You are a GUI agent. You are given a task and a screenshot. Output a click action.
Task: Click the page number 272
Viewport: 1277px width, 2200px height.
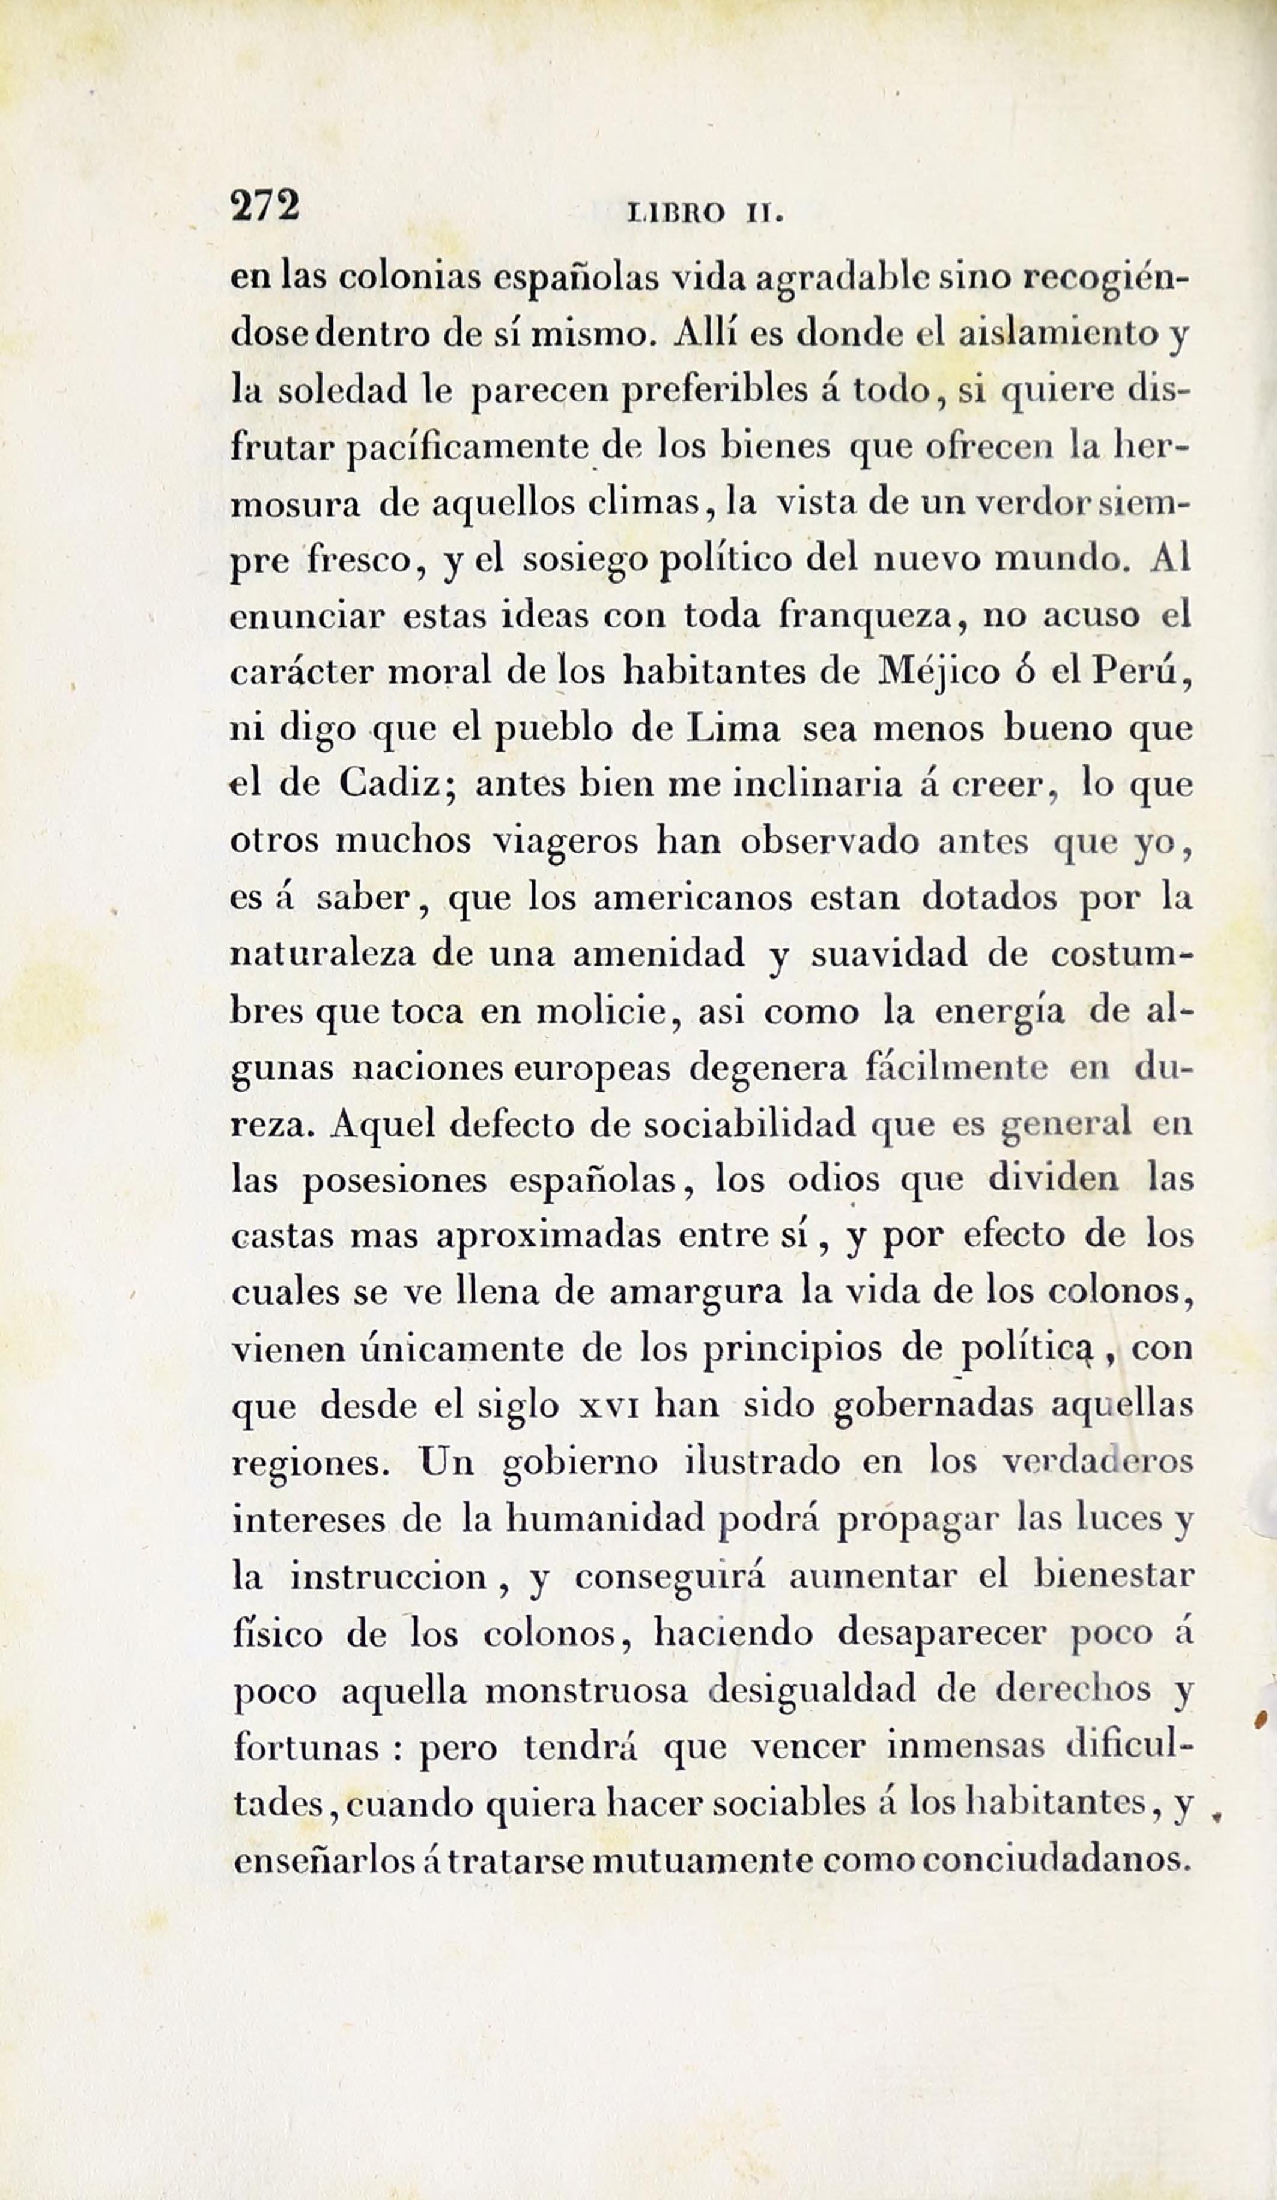[264, 208]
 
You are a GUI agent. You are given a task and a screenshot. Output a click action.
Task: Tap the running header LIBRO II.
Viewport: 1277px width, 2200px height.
[707, 212]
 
